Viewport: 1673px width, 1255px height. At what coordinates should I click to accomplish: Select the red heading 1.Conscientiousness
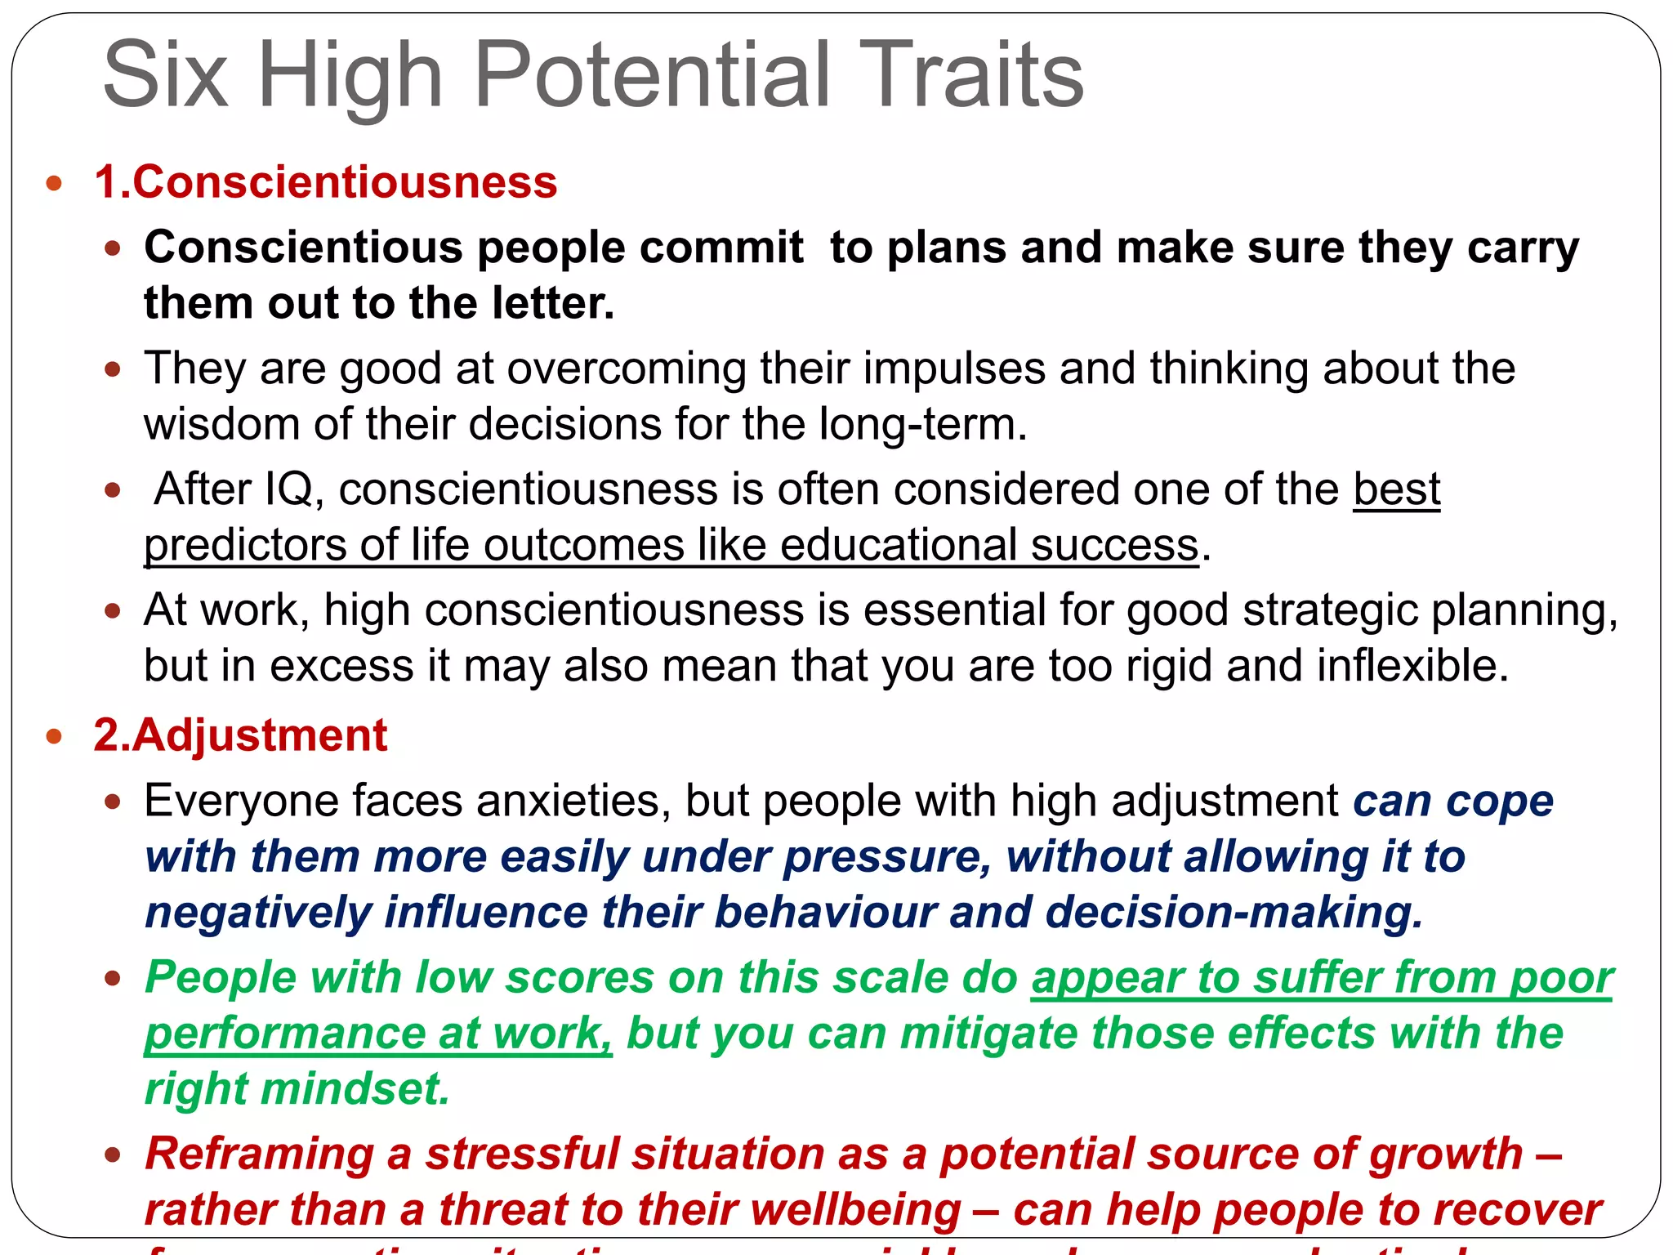click(x=326, y=181)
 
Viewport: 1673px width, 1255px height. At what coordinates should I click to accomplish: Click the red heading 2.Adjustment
click(x=240, y=735)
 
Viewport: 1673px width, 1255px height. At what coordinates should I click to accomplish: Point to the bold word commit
click(x=722, y=247)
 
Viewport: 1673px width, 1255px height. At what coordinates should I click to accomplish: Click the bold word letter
click(x=552, y=303)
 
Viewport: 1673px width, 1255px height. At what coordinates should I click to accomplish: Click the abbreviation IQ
click(x=290, y=489)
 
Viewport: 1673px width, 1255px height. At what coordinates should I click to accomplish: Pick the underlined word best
click(x=1396, y=489)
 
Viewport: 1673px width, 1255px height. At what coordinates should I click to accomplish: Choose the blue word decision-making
click(x=1234, y=912)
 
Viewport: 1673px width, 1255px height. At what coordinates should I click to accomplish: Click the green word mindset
click(x=356, y=1089)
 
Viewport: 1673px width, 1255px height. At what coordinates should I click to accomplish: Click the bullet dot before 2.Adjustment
click(x=55, y=736)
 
